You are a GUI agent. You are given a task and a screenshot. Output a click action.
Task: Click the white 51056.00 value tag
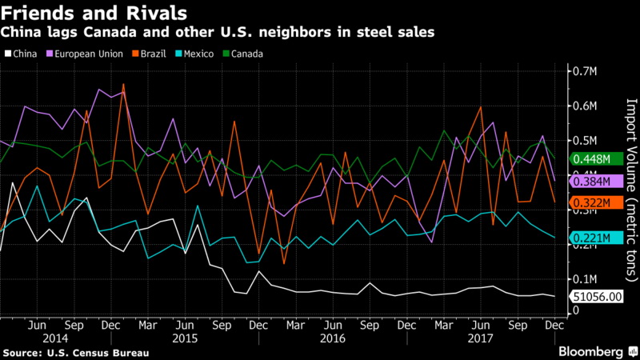coord(595,297)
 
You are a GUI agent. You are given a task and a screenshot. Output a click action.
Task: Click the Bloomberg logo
coord(591,351)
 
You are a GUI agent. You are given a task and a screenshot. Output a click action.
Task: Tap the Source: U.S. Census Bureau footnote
coord(64,352)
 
